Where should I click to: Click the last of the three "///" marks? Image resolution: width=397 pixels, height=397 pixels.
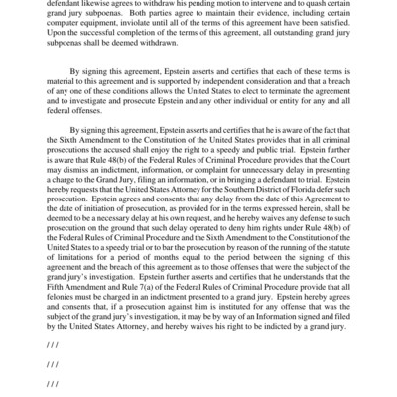(53, 383)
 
